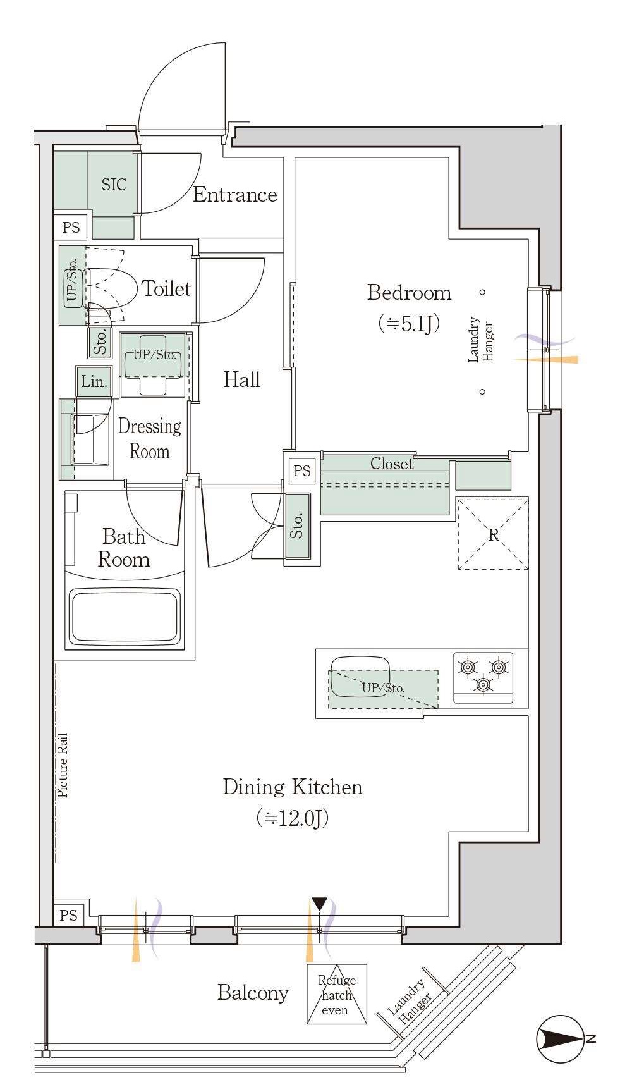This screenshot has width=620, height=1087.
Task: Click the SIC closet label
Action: (114, 185)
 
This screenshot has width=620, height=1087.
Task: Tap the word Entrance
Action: (234, 195)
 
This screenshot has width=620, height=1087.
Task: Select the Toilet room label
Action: (166, 288)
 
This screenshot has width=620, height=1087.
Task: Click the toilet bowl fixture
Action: (111, 288)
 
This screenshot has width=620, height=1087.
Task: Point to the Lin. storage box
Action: (94, 382)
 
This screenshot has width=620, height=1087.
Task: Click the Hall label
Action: (241, 379)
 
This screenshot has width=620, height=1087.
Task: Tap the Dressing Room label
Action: (150, 439)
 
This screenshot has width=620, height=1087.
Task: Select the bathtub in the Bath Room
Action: (125, 616)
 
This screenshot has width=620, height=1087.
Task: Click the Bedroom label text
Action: (410, 293)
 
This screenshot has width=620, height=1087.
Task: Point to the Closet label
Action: (392, 464)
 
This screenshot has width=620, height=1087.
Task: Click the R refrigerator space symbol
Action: (493, 534)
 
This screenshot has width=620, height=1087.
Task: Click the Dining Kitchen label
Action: (293, 787)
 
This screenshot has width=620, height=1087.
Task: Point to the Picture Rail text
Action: (63, 765)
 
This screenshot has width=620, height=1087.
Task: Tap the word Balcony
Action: (253, 993)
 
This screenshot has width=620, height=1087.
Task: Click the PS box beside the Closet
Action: (302, 471)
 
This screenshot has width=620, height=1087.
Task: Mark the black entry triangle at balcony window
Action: (320, 904)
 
